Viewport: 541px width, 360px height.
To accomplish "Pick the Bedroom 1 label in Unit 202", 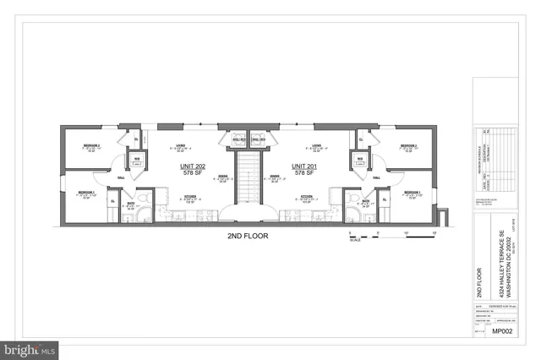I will pyautogui.click(x=87, y=193).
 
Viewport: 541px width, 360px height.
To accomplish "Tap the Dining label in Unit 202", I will pyautogui.click(x=222, y=177).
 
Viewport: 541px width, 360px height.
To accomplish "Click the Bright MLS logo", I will pyautogui.click(x=30, y=347).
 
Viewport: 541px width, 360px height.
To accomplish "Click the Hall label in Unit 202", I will pyautogui.click(x=122, y=177).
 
